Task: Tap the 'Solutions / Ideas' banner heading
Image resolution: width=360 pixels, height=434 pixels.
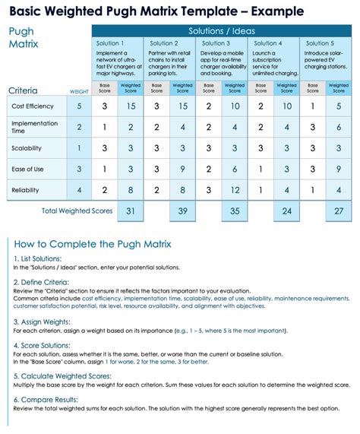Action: pyautogui.click(x=223, y=30)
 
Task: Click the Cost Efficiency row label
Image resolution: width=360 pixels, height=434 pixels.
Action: pyautogui.click(x=33, y=106)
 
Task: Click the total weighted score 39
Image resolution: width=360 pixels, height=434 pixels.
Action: pyautogui.click(x=182, y=211)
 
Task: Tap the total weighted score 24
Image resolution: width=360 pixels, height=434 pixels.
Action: pyautogui.click(x=286, y=211)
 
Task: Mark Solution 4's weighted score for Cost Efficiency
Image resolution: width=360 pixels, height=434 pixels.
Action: pyautogui.click(x=287, y=106)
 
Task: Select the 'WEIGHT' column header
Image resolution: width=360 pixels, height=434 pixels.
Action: pyautogui.click(x=80, y=91)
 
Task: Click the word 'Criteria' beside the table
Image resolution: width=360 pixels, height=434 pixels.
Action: pyautogui.click(x=29, y=90)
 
